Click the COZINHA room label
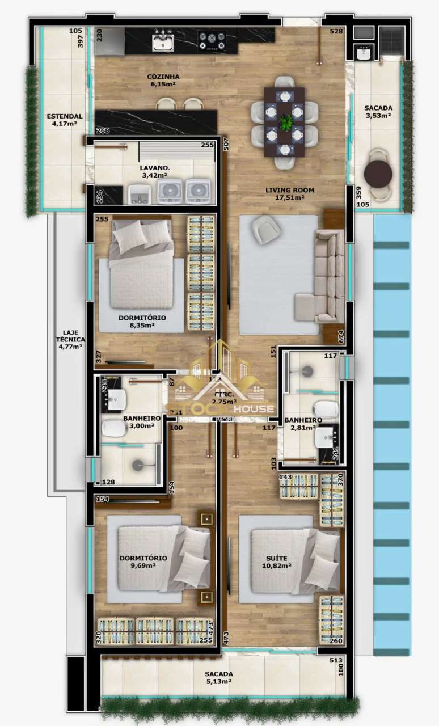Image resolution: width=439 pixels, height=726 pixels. pyautogui.click(x=163, y=81)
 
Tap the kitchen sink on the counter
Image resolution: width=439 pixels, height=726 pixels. pyautogui.click(x=163, y=41)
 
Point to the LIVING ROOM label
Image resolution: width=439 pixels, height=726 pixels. pyautogui.click(x=289, y=194)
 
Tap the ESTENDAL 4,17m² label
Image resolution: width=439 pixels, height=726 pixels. pyautogui.click(x=65, y=120)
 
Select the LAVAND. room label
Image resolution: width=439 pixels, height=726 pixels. pyautogui.click(x=154, y=172)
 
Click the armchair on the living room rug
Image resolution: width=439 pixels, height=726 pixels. pyautogui.click(x=267, y=229)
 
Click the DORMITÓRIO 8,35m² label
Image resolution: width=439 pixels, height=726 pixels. pyautogui.click(x=142, y=322)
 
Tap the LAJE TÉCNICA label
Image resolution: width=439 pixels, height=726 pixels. pyautogui.click(x=70, y=339)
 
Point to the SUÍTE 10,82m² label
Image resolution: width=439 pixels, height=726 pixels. pyautogui.click(x=277, y=562)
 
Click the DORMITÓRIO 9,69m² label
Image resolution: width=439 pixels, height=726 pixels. pyautogui.click(x=143, y=562)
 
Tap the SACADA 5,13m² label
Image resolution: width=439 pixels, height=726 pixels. pyautogui.click(x=219, y=678)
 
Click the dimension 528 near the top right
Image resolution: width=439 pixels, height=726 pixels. pyautogui.click(x=336, y=31)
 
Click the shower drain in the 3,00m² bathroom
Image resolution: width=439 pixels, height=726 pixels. pyautogui.click(x=138, y=465)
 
